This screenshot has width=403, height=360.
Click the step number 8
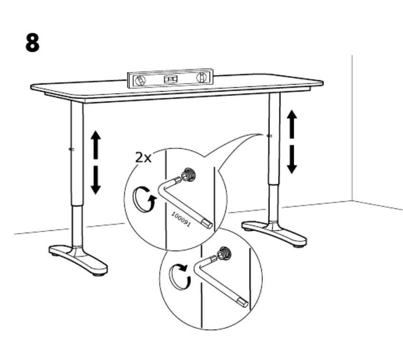(32, 43)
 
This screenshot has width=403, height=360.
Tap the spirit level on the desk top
(171, 78)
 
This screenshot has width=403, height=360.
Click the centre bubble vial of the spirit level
(171, 79)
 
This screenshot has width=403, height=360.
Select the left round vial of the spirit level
(140, 81)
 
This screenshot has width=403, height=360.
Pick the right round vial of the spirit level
(201, 77)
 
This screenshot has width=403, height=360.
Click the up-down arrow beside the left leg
(96, 162)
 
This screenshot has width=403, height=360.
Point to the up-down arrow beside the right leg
(292, 142)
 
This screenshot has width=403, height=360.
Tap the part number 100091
(181, 219)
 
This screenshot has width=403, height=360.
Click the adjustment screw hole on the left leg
(71, 149)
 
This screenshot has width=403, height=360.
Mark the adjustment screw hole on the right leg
(269, 136)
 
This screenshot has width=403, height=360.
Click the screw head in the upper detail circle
(189, 175)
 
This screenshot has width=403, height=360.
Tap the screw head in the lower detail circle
(224, 253)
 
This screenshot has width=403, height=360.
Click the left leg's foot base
(78, 259)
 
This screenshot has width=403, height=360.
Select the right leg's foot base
(274, 233)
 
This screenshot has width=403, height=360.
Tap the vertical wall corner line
(352, 128)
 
